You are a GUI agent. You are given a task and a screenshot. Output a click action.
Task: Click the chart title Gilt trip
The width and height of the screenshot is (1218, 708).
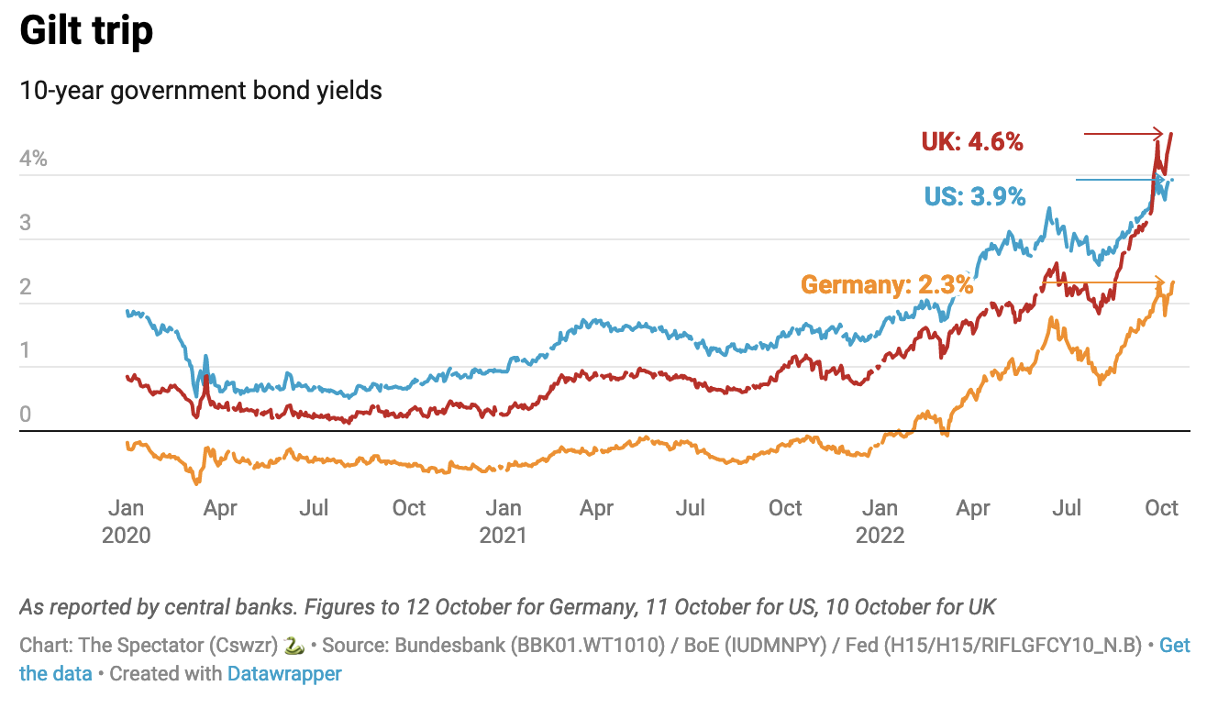click(x=86, y=32)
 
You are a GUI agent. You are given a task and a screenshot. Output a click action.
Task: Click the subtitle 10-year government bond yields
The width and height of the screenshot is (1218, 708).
click(x=201, y=91)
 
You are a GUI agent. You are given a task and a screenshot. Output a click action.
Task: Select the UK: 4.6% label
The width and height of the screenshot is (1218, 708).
click(x=972, y=142)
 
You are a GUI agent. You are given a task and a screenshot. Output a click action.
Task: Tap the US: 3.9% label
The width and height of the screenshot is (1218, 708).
click(x=975, y=196)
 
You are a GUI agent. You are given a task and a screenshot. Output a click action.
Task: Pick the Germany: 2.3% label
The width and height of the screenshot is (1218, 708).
click(x=886, y=284)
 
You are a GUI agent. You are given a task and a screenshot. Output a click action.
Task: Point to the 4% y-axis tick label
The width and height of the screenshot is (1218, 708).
click(x=33, y=159)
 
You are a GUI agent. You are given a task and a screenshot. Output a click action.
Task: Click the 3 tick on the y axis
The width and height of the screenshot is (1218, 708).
click(x=26, y=223)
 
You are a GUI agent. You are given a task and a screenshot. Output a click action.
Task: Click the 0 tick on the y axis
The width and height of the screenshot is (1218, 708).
click(x=26, y=415)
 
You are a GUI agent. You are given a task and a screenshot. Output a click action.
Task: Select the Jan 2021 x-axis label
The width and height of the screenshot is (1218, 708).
click(x=503, y=520)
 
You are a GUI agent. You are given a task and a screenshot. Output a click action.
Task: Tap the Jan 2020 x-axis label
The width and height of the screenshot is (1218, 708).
click(x=126, y=520)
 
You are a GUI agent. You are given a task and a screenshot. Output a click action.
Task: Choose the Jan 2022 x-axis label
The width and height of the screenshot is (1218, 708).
click(x=880, y=520)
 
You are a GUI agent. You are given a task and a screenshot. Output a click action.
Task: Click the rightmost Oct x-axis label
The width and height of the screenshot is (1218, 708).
click(x=1161, y=507)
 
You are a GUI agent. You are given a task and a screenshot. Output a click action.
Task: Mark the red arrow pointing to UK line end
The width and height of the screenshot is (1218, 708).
click(x=1124, y=134)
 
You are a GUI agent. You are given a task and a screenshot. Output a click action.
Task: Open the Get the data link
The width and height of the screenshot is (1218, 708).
click(x=1174, y=646)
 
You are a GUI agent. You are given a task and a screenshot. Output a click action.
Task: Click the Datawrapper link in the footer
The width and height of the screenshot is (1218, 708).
click(x=284, y=674)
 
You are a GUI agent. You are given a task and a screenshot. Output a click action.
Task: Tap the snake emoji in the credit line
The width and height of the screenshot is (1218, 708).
click(x=294, y=646)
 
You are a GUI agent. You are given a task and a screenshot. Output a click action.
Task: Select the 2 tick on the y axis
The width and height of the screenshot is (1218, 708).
click(x=26, y=287)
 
